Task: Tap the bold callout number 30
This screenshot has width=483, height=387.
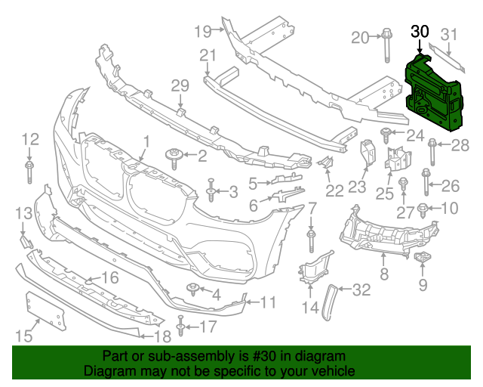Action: [x=420, y=32]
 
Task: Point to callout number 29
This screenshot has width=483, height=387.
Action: [x=180, y=86]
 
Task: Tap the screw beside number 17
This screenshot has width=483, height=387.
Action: [x=181, y=327]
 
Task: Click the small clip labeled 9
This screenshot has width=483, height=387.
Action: [x=422, y=261]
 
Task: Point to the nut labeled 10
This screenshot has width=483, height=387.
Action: [x=423, y=208]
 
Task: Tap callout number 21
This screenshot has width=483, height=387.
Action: [x=208, y=54]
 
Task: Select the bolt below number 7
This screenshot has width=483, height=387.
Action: [x=311, y=240]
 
